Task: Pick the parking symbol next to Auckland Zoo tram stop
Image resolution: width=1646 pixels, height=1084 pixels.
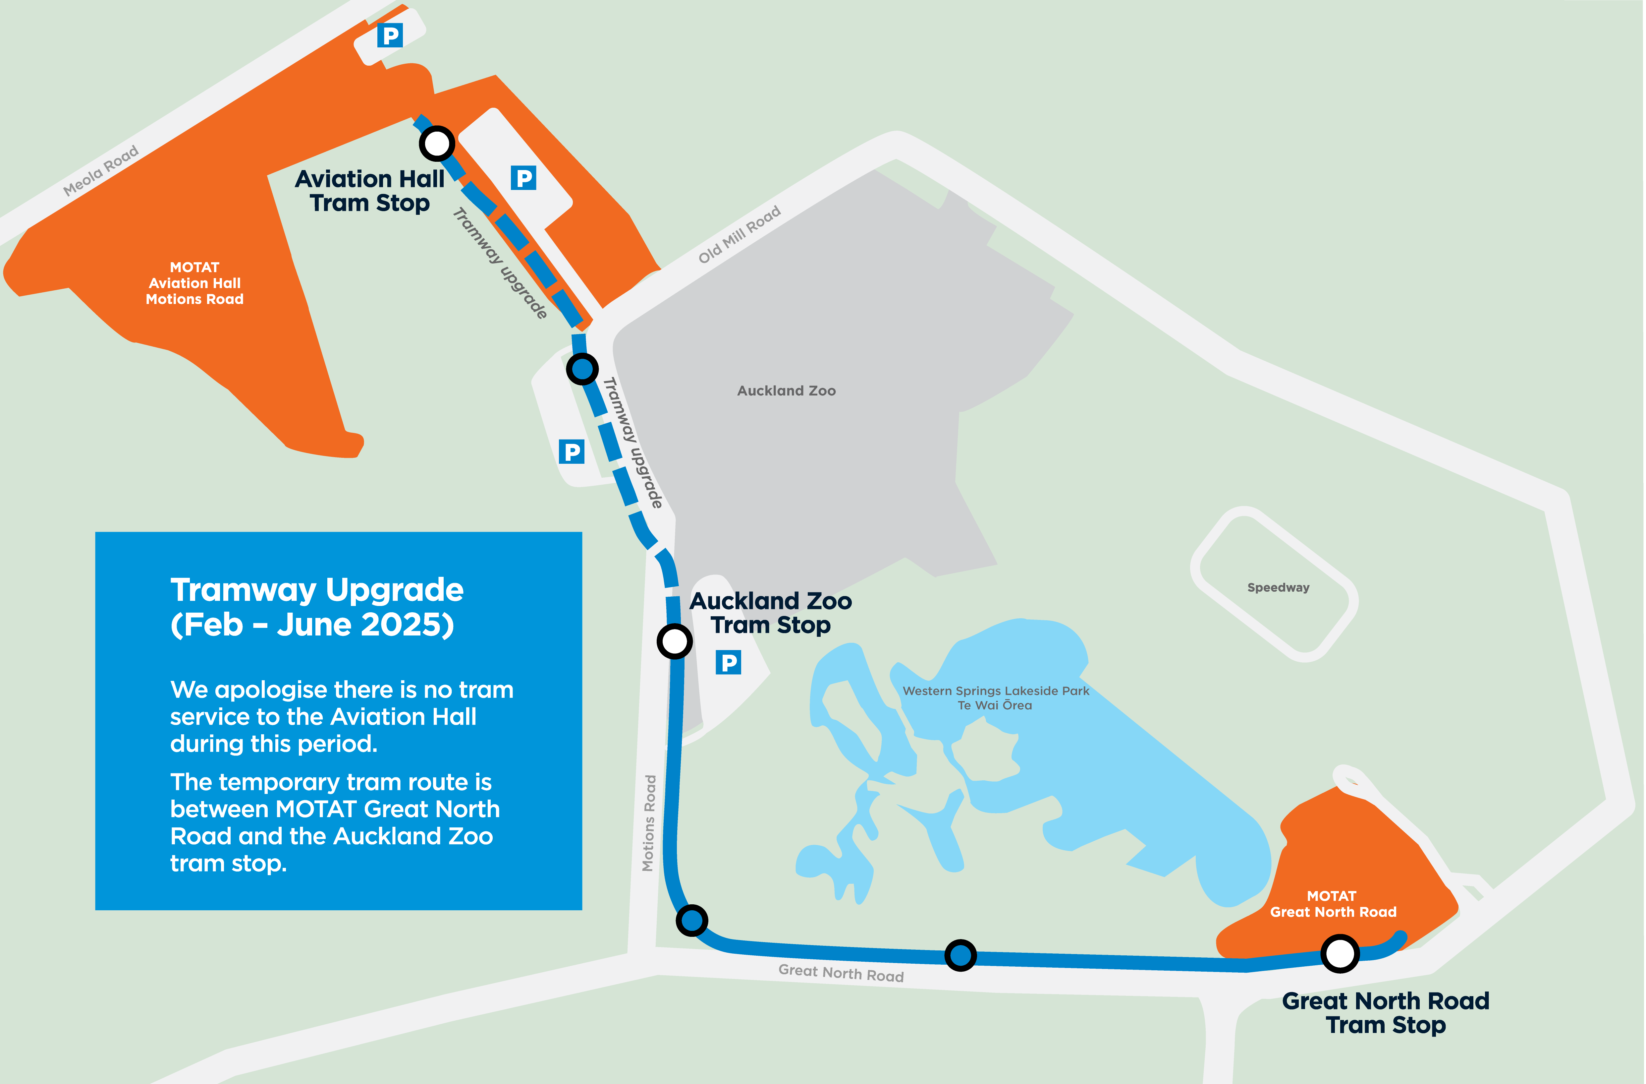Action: click(x=728, y=663)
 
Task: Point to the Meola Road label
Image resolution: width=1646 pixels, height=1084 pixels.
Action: click(x=101, y=170)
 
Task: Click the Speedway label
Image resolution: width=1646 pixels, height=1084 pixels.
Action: click(x=1278, y=587)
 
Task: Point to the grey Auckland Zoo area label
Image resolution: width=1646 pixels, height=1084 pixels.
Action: click(x=786, y=391)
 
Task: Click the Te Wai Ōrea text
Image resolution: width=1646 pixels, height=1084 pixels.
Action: click(x=995, y=706)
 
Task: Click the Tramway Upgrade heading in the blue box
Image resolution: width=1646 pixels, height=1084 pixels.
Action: click(x=317, y=590)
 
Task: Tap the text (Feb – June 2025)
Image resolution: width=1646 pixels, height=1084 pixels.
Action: click(x=312, y=625)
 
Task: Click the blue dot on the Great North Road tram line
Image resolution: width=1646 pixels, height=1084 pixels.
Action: click(x=960, y=955)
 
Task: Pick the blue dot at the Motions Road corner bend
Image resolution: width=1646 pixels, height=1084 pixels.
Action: click(x=691, y=920)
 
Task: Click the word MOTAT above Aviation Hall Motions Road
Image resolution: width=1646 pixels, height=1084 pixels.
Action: click(x=194, y=267)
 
